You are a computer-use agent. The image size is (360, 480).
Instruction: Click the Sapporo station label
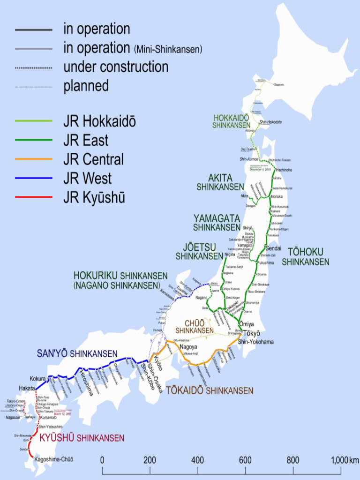[x=279, y=84]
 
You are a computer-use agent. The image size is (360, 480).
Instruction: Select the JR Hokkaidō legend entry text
[x=99, y=121]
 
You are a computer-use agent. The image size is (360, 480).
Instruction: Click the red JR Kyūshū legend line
[x=33, y=197]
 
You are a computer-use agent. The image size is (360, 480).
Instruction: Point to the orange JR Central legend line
[x=33, y=159]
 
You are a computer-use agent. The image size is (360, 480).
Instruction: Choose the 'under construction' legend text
[x=116, y=67]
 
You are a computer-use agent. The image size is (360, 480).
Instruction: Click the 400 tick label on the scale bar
[x=197, y=459]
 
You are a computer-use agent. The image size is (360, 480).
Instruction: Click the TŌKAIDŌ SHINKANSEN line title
[x=210, y=390]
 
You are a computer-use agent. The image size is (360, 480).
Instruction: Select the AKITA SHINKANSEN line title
[x=220, y=182]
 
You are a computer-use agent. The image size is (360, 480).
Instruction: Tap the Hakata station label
[x=27, y=388]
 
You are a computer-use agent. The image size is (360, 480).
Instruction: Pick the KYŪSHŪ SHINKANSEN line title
[x=82, y=438]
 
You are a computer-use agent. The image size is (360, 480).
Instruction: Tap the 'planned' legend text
[x=86, y=86]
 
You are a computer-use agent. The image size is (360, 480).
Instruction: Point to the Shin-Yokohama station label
[x=256, y=342]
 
